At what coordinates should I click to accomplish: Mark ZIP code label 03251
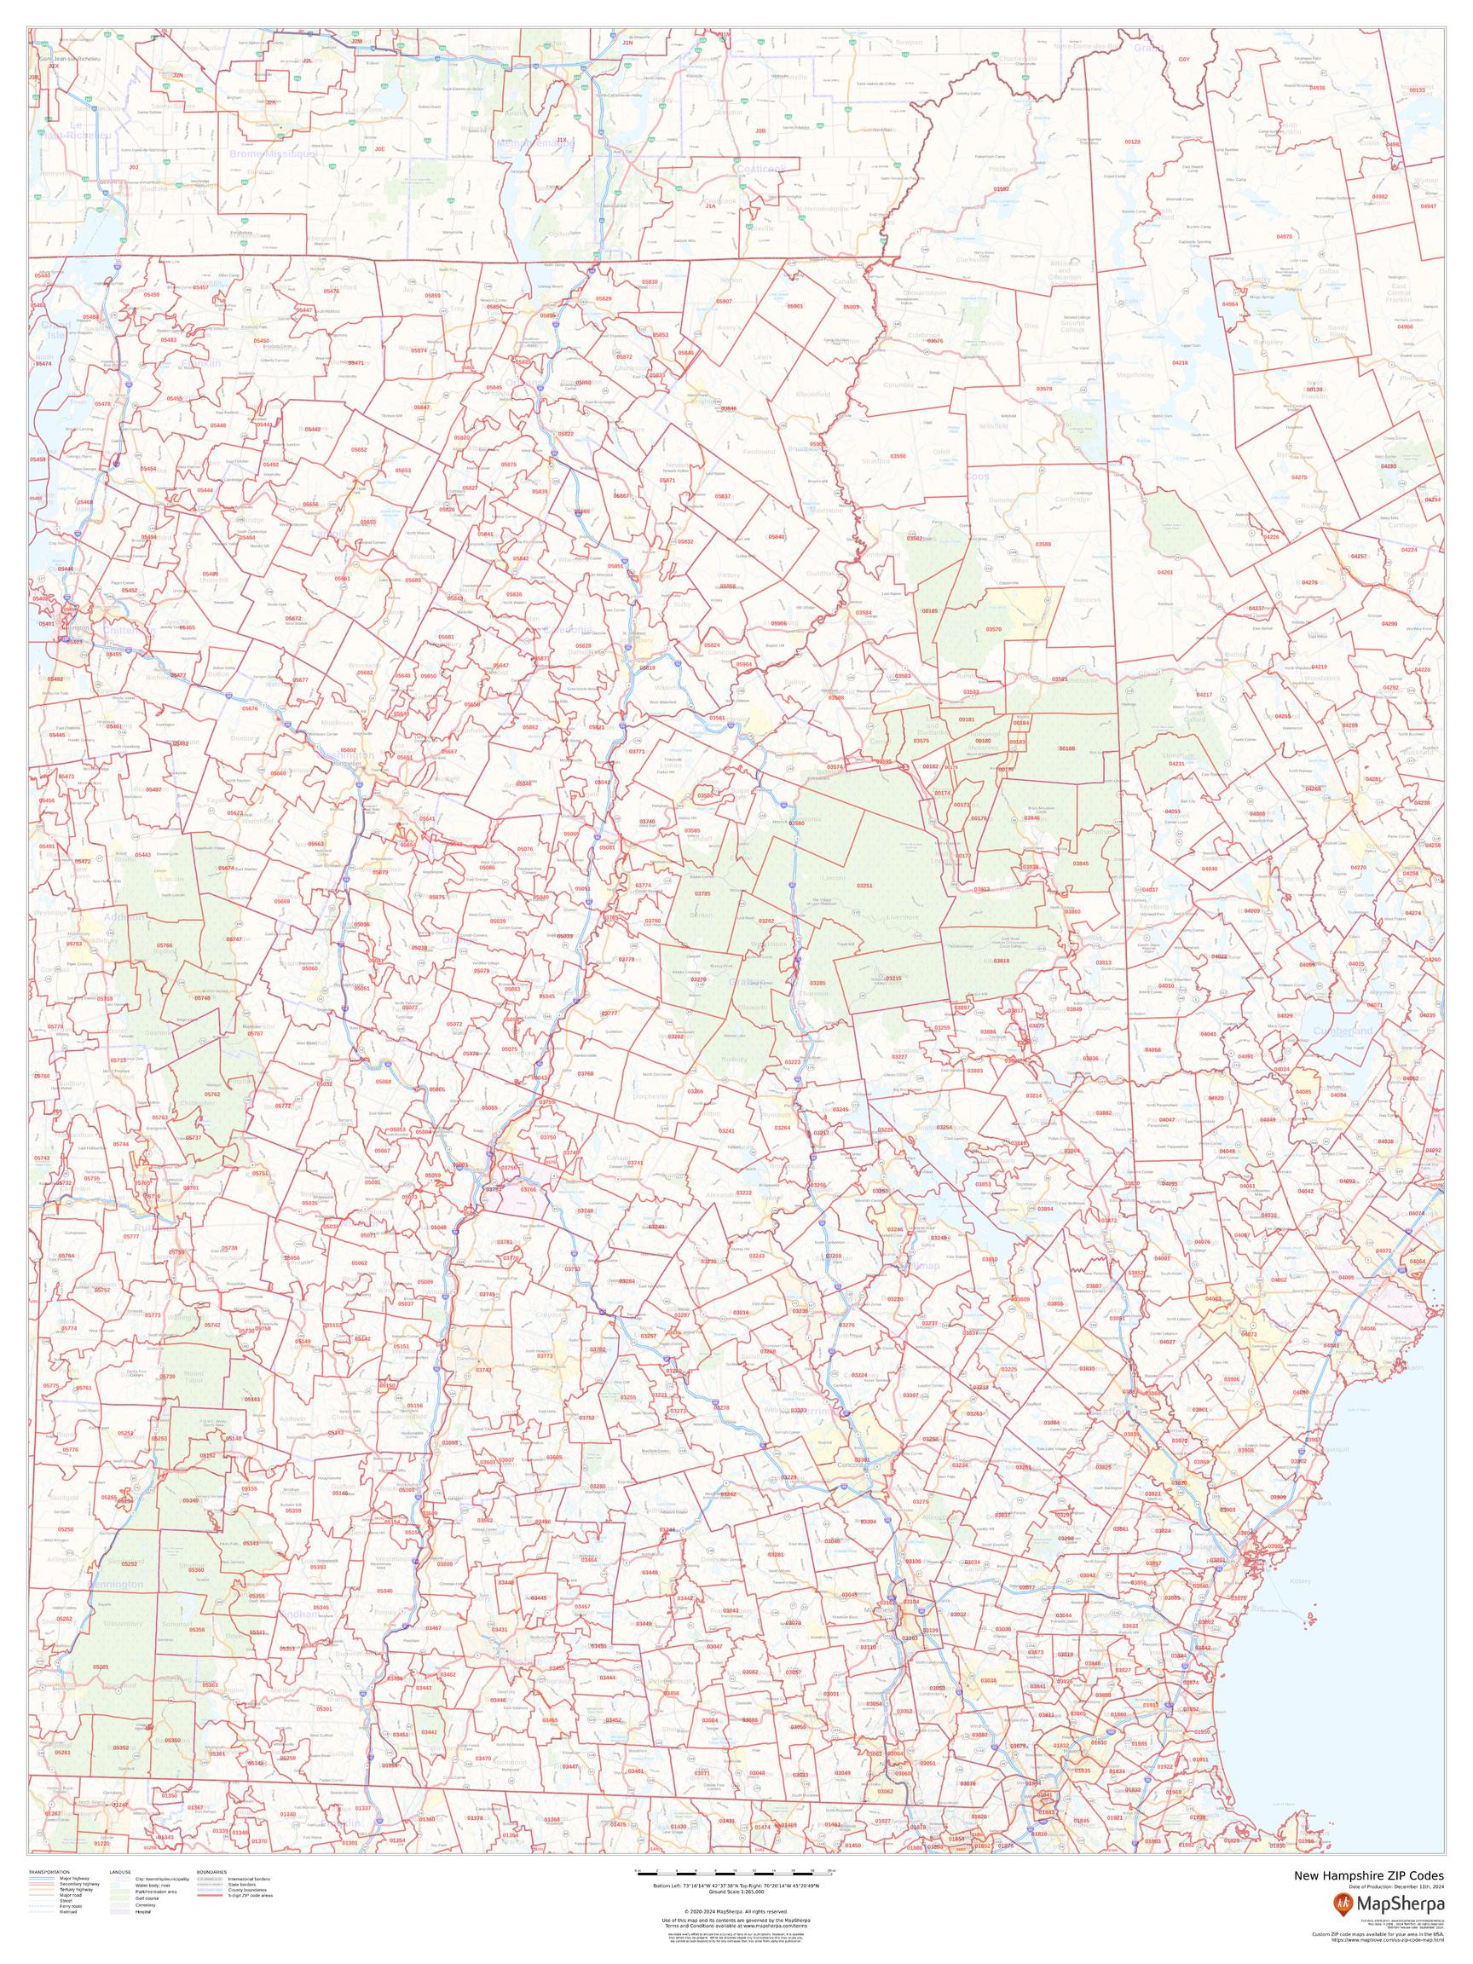click(x=864, y=885)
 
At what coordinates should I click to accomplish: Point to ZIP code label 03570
click(x=994, y=628)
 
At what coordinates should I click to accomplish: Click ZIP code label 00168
click(x=1066, y=748)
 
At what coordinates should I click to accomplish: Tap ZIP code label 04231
click(x=1176, y=764)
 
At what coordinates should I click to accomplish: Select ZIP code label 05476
click(x=332, y=292)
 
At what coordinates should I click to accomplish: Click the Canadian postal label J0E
click(x=379, y=149)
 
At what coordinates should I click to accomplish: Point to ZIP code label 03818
click(x=1002, y=961)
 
